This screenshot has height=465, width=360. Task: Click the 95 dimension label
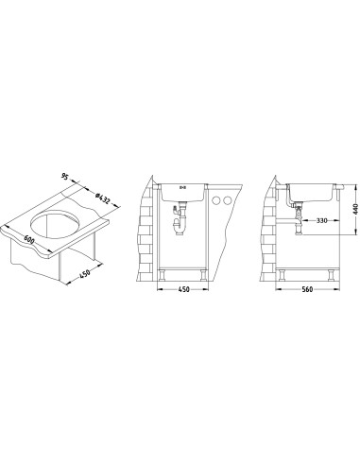(x=64, y=177)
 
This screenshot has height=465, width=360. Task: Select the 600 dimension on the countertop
(x=29, y=240)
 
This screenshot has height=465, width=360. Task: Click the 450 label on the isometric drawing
(x=85, y=273)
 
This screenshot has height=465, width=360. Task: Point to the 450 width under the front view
(x=183, y=289)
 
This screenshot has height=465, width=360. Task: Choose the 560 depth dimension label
(x=307, y=289)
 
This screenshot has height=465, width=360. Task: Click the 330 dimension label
(x=321, y=220)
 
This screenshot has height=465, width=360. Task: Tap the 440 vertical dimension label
(x=356, y=209)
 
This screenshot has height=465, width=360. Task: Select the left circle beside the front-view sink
(x=216, y=199)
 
